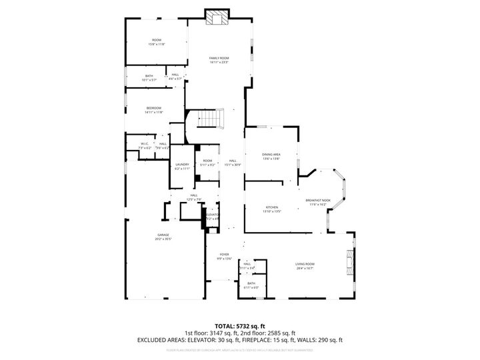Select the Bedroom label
[154, 109]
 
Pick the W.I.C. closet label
[144, 145]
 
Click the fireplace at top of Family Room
[217, 17]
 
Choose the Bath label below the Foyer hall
[251, 285]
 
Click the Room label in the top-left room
[157, 41]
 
